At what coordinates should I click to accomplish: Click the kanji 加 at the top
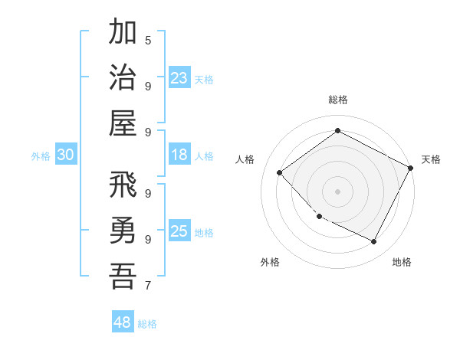[123, 34]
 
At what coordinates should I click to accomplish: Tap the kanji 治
[123, 77]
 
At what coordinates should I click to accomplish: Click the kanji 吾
[123, 276]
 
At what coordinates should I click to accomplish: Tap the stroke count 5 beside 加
[148, 40]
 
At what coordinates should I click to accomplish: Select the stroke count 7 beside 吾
[148, 286]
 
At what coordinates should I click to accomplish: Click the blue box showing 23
[179, 77]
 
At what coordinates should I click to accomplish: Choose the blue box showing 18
[179, 155]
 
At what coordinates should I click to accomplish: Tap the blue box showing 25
[179, 231]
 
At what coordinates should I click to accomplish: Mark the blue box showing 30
[66, 155]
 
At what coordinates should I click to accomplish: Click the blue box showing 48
[123, 322]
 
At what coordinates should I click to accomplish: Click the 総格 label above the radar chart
[337, 100]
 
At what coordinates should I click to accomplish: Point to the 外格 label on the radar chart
[270, 263]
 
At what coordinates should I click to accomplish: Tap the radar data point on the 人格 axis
[280, 172]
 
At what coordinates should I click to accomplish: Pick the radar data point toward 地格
[374, 242]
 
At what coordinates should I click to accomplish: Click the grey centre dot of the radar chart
[337, 191]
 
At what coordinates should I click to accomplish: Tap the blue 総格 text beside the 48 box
[147, 324]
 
